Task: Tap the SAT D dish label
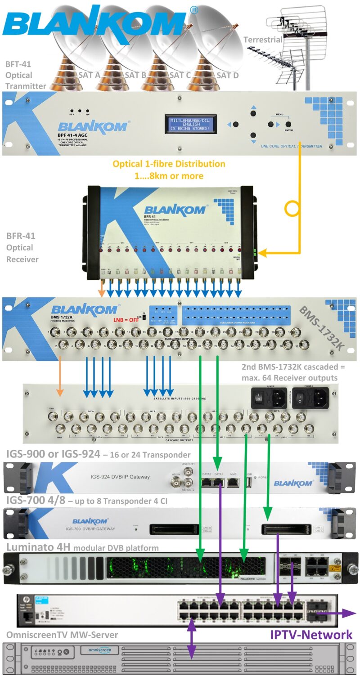tap(227, 76)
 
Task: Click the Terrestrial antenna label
tap(263, 40)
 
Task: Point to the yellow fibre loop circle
tap(292, 209)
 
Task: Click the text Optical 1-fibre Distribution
tap(169, 164)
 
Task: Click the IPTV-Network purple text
tap(310, 635)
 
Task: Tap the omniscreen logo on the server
tap(99, 650)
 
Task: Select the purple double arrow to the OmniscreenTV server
tap(192, 639)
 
